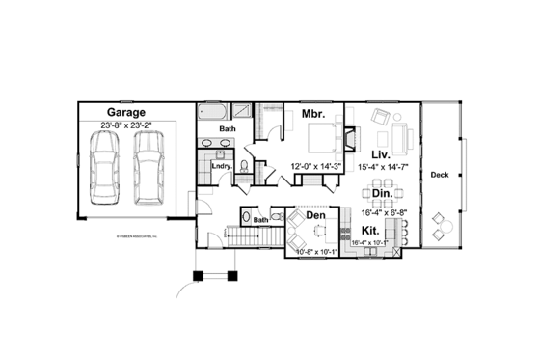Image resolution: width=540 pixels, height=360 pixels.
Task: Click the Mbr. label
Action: [x=312, y=114]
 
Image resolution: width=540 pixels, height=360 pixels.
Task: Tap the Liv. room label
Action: [x=380, y=153]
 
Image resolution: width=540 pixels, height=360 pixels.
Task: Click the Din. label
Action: [x=381, y=192]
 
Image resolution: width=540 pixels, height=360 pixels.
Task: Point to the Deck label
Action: [x=440, y=175]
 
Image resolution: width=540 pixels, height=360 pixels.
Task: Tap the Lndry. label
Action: [x=221, y=166]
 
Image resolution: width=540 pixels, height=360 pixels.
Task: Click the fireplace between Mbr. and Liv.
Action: [x=353, y=136]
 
